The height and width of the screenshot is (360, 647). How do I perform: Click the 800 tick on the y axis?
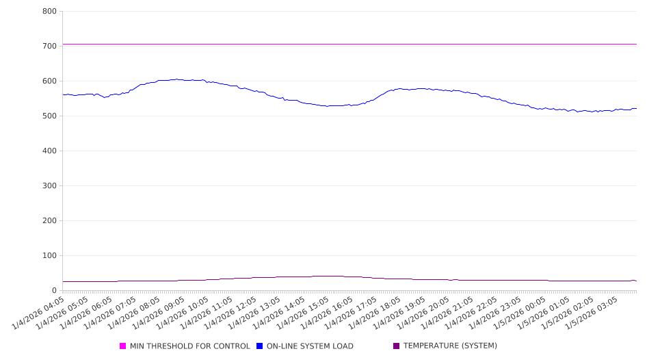(x=49, y=11)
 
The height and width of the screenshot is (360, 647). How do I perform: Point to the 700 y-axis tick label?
(x=49, y=46)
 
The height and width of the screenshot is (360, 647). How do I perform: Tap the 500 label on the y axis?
(x=49, y=116)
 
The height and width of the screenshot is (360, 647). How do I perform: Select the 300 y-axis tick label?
(x=49, y=185)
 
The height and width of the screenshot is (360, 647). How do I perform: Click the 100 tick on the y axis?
(x=49, y=255)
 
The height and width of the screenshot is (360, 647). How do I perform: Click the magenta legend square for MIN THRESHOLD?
(x=123, y=346)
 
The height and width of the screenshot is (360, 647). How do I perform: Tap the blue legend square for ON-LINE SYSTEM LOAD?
(x=260, y=346)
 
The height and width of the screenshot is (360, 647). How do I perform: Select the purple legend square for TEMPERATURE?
(x=397, y=346)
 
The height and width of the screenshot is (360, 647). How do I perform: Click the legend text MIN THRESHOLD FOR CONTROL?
(x=189, y=346)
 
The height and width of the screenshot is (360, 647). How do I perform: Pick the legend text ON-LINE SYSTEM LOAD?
(x=310, y=346)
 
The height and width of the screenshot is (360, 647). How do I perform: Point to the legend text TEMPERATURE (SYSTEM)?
(x=450, y=346)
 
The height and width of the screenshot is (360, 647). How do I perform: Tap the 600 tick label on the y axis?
(x=49, y=81)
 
